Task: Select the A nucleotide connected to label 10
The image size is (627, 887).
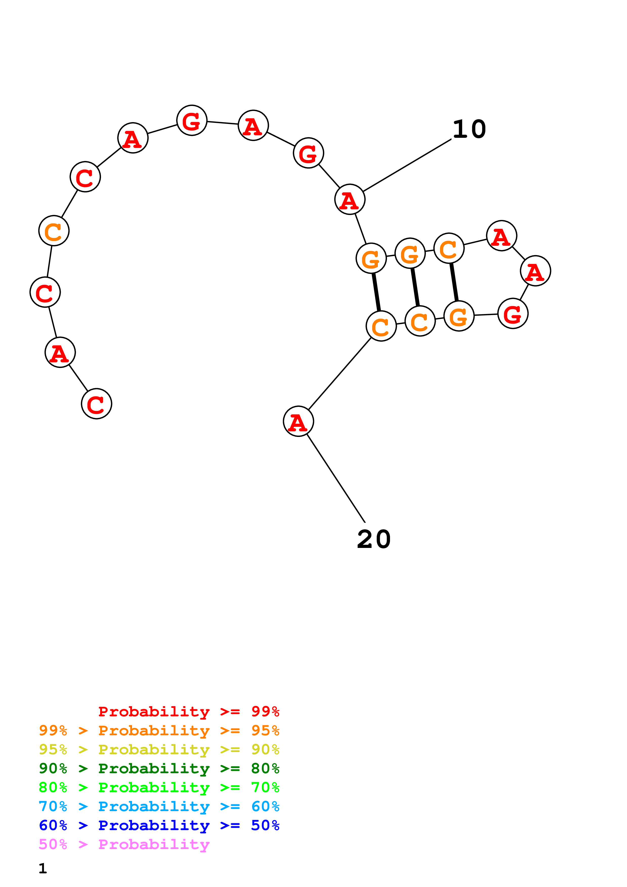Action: pos(350,199)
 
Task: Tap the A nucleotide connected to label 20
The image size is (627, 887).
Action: pos(298,421)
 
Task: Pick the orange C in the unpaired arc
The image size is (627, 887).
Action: pos(54,231)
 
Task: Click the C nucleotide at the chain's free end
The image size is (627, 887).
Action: pos(96,404)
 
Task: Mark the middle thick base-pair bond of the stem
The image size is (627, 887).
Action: pos(415,287)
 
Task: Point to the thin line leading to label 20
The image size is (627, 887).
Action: pos(336,479)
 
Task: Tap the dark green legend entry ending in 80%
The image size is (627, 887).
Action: pos(159,768)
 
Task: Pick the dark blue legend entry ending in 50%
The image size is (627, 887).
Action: pos(159,825)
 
